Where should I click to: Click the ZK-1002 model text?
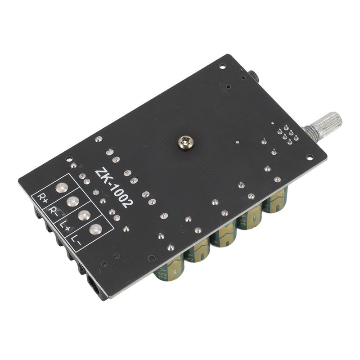click(x=114, y=188)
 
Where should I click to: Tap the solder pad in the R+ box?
click(x=60, y=188)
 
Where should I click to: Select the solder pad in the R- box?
click(x=72, y=201)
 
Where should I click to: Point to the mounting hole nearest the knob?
click(x=310, y=157)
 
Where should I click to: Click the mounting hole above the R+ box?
click(x=68, y=158)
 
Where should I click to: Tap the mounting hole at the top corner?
click(x=222, y=66)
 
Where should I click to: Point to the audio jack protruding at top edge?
click(x=253, y=76)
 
